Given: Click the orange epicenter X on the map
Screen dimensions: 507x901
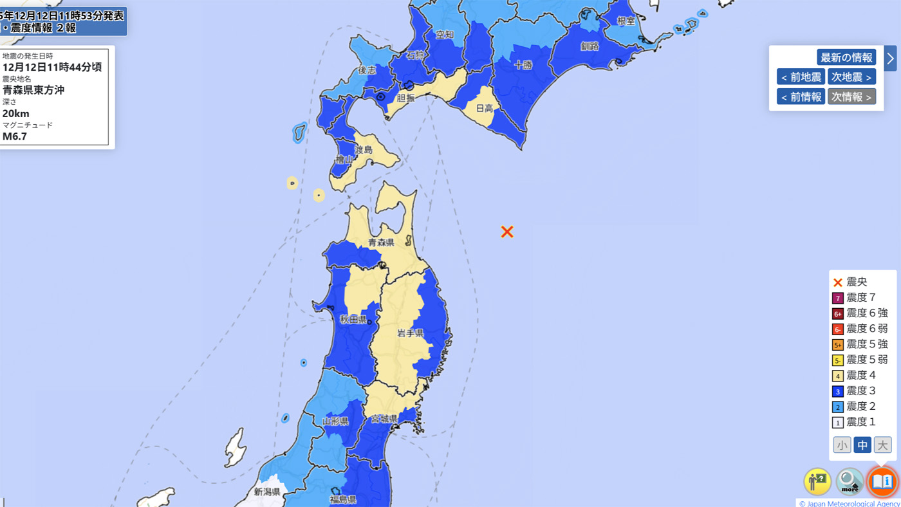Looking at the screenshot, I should [x=507, y=232].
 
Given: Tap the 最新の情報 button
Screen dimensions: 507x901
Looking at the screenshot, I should [x=846, y=57].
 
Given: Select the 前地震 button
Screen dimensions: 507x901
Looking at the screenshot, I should [x=801, y=77].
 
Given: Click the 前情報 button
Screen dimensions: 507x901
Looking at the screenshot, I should [x=801, y=97].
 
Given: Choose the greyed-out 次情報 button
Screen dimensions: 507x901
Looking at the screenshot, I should [x=851, y=97].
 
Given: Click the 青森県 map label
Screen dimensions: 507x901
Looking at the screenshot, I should [x=381, y=243].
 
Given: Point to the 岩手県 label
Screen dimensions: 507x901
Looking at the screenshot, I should [x=410, y=333].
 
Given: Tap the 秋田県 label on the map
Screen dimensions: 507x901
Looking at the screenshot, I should [x=353, y=320].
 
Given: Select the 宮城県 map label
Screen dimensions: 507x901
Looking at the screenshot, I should [x=384, y=419].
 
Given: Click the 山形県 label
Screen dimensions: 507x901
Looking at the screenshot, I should [x=335, y=421].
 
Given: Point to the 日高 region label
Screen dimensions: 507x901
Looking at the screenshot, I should [x=484, y=109].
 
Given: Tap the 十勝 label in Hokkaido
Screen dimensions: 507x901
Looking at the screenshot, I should [x=523, y=64].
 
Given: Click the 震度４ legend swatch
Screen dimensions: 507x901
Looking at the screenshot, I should [x=837, y=376].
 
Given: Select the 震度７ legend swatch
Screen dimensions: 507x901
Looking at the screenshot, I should [x=837, y=298].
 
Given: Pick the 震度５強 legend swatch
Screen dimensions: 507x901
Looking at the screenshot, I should [x=837, y=345].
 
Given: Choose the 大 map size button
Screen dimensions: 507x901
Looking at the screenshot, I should [x=882, y=445].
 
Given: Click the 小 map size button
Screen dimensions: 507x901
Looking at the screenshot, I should [x=842, y=445].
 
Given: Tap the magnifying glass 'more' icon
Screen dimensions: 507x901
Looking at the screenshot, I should [x=850, y=481].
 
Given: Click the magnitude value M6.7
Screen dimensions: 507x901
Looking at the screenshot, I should [x=15, y=136].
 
